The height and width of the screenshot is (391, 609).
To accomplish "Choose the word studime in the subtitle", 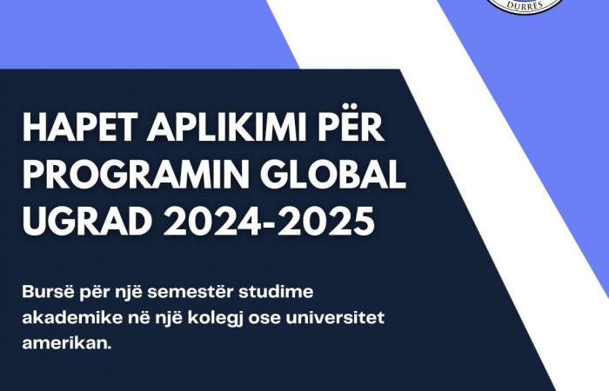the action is tap(276, 292).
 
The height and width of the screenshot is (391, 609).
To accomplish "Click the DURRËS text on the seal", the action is tap(525, 4).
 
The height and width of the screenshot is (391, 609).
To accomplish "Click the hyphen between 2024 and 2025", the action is tap(269, 223).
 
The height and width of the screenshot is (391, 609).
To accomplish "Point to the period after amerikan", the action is tap(109, 348).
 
